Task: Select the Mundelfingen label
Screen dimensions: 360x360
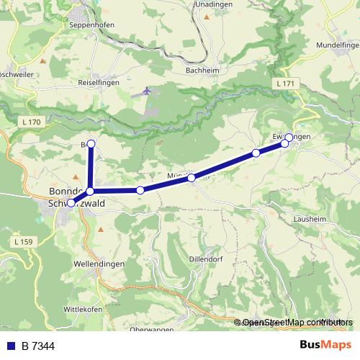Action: [x=336, y=45]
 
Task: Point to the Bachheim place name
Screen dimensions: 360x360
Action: [x=202, y=71]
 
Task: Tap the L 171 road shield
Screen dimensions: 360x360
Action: [x=285, y=85]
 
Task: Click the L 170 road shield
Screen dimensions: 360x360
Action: [x=31, y=122]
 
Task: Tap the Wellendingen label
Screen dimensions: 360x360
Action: [x=99, y=264]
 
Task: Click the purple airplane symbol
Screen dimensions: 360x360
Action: [x=148, y=91]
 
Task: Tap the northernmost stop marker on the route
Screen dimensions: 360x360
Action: [x=91, y=143]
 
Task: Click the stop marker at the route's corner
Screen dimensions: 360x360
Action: [x=90, y=191]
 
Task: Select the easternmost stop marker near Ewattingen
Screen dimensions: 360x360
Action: [x=289, y=137]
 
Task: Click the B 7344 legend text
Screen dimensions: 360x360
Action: [x=38, y=346]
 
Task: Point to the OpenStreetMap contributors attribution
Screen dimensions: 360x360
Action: [x=295, y=323]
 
